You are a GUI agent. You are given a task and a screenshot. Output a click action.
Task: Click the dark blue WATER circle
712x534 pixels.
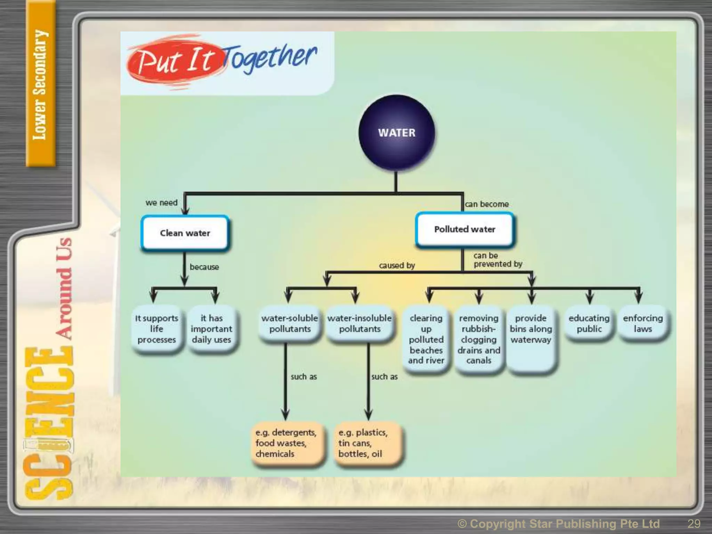click(397, 133)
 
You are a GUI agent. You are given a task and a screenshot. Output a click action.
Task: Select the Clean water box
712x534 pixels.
click(185, 233)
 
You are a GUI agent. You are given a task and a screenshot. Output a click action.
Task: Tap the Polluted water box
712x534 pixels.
click(464, 229)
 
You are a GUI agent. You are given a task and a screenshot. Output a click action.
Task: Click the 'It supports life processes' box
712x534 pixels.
click(156, 329)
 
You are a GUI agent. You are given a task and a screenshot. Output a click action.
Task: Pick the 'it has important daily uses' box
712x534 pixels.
click(211, 329)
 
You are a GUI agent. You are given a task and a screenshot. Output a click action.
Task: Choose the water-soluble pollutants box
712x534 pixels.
click(290, 324)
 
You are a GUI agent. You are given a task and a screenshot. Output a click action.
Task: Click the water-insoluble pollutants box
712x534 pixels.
click(359, 324)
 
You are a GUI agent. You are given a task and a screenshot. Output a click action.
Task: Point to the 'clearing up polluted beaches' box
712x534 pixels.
click(426, 339)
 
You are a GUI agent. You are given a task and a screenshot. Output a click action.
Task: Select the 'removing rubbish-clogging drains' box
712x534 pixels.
click(479, 339)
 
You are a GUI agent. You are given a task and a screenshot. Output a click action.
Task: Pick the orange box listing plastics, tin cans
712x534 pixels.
click(367, 443)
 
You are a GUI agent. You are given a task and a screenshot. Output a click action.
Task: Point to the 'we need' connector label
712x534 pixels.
click(161, 203)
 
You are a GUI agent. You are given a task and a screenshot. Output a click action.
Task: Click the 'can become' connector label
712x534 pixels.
click(487, 204)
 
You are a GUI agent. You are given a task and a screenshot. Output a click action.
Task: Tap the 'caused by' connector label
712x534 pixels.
click(397, 266)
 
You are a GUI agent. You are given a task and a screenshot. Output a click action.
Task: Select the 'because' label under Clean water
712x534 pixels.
click(204, 267)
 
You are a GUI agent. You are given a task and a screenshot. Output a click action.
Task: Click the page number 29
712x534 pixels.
click(694, 524)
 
